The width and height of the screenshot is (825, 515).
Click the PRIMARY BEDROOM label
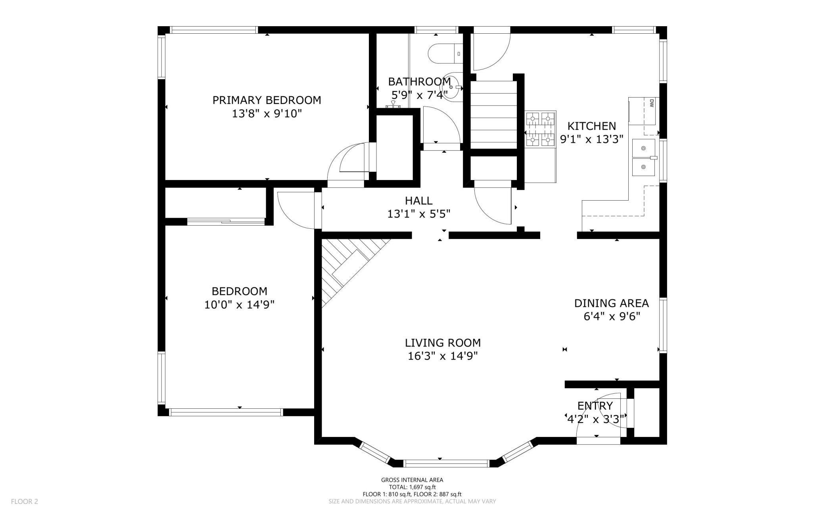[x=267, y=100]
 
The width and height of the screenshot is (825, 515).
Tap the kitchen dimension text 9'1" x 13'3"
[x=591, y=140]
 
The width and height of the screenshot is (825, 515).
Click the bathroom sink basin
[x=452, y=87]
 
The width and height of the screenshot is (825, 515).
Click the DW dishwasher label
[x=651, y=103]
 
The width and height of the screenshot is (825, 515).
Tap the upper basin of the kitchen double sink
[x=643, y=148]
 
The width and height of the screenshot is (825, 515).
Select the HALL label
[x=418, y=201]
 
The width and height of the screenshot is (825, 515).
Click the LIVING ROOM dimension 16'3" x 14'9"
[x=443, y=356]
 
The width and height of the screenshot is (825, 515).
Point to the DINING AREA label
[x=611, y=303]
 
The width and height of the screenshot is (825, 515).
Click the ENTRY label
[x=595, y=406]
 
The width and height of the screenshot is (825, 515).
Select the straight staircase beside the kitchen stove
[x=494, y=115]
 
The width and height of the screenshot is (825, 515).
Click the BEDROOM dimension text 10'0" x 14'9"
[x=239, y=305]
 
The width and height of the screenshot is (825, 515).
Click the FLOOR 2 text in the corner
[x=25, y=502]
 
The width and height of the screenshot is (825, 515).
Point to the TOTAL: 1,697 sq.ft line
[x=412, y=487]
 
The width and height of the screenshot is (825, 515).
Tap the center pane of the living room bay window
[x=446, y=463]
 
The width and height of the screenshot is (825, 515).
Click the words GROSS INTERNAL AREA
[x=412, y=480]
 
